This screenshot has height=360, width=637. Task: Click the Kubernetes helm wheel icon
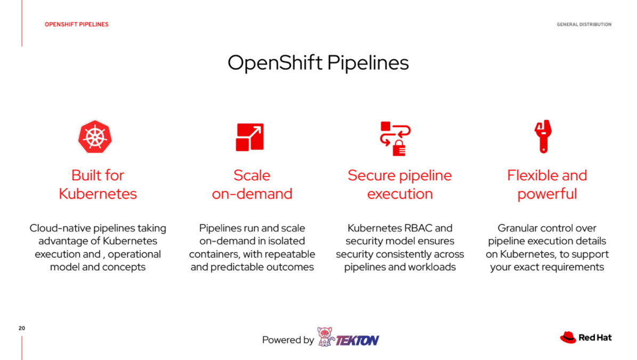click(95, 137)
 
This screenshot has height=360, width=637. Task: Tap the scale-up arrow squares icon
click(250, 137)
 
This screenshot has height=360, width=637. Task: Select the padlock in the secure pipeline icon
click(399, 148)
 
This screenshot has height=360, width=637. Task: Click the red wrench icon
click(543, 137)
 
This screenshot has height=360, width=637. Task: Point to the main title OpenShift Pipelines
click(318, 62)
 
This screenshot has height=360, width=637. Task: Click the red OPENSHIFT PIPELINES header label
click(77, 25)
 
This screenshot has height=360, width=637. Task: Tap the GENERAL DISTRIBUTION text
click(584, 25)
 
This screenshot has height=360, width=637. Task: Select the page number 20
click(22, 328)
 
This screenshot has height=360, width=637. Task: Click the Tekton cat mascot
click(325, 337)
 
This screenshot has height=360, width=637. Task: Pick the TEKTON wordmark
click(358, 340)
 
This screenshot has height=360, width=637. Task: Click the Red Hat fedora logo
click(568, 337)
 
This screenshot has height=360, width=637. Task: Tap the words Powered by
click(288, 340)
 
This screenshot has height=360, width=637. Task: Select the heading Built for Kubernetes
click(98, 185)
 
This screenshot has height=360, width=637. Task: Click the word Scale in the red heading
click(252, 175)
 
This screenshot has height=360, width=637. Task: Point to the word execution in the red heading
click(400, 194)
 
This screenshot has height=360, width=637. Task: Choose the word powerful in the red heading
click(547, 194)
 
